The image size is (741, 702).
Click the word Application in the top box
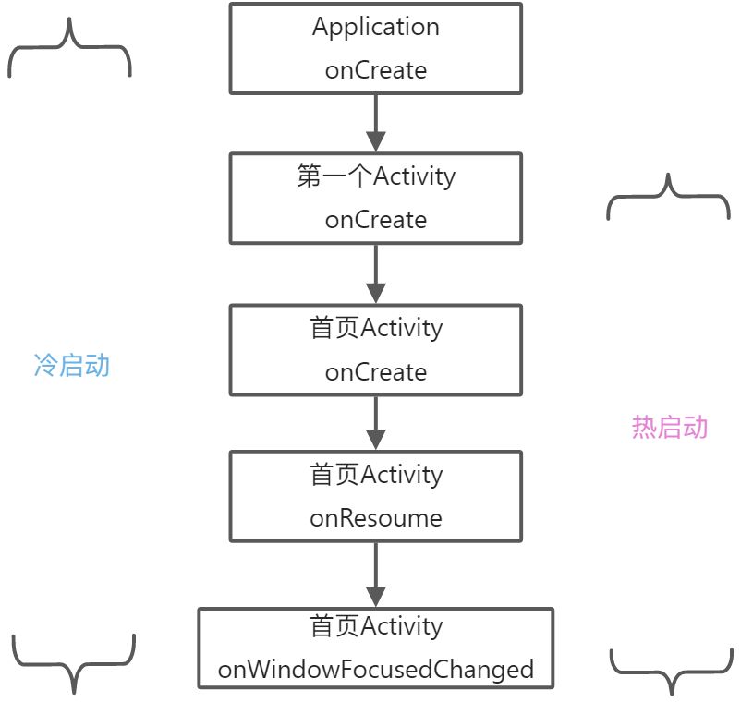point(375,27)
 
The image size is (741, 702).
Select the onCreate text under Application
point(375,70)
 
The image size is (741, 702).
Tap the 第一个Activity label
point(375,176)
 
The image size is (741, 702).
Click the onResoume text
point(375,518)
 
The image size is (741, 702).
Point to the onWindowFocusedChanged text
point(375,669)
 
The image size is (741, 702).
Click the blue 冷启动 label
point(71,366)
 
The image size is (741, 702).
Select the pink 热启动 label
point(670,427)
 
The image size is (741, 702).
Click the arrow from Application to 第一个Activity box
point(375,123)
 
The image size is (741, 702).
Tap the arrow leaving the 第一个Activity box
point(375,274)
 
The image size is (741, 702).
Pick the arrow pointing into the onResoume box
point(375,423)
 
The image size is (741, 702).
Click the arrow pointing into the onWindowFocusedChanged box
point(375,575)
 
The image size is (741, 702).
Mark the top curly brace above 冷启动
point(69,50)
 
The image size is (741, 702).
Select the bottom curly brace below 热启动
point(670,670)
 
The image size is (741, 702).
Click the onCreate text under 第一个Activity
point(375,220)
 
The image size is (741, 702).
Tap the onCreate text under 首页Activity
point(375,372)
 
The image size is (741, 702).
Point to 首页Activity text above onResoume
point(375,475)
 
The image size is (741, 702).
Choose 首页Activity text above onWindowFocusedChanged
point(375,626)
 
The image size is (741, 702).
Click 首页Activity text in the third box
point(375,328)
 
